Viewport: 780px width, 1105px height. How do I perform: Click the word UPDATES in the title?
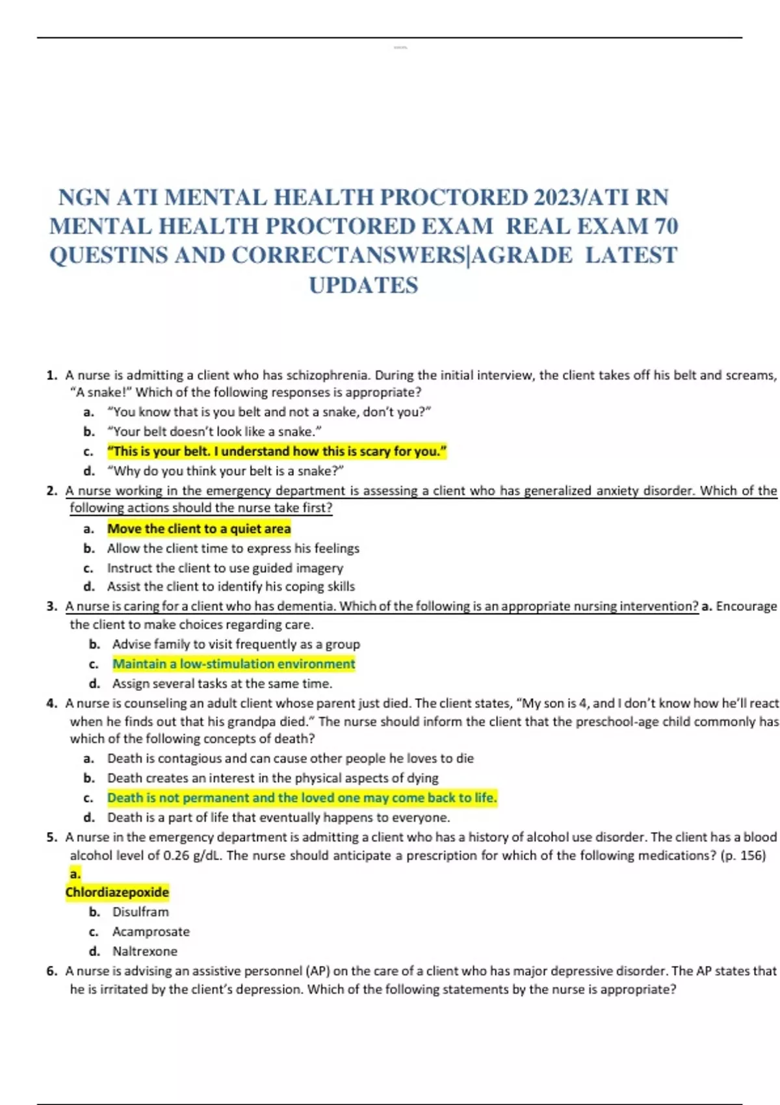click(363, 285)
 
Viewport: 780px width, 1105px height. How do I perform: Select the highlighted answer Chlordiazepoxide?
click(117, 892)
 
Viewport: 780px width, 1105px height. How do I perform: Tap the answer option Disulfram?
click(140, 912)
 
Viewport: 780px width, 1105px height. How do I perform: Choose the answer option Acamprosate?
click(151, 931)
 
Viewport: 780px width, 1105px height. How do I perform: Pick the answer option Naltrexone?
click(144, 951)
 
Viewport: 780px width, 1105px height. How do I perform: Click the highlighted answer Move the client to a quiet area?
click(199, 528)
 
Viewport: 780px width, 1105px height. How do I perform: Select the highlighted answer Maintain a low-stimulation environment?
click(234, 664)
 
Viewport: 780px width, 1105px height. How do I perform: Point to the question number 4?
click(51, 703)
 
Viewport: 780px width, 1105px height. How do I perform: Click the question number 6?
click(51, 971)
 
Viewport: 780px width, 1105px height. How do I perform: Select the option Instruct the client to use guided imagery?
click(225, 567)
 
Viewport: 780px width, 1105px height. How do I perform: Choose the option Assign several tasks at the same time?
click(222, 683)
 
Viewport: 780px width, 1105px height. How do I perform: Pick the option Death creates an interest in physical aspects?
click(273, 778)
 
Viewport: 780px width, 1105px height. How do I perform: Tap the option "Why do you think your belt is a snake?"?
click(226, 471)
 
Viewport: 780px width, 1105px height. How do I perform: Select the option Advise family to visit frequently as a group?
click(236, 644)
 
